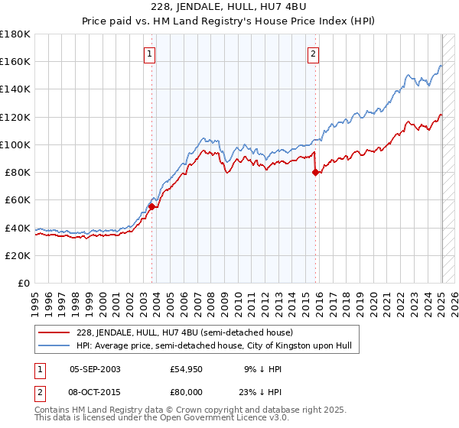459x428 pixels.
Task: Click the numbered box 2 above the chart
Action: click(x=314, y=54)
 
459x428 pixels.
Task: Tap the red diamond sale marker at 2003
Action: click(x=152, y=206)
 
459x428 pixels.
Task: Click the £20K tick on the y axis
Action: click(x=18, y=255)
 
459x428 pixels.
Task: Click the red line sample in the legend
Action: click(x=54, y=332)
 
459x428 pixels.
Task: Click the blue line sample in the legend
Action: click(x=54, y=345)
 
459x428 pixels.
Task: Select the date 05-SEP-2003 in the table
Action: click(x=95, y=368)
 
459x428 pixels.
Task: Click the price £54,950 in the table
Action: click(x=187, y=368)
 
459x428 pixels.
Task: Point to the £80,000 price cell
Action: click(x=187, y=391)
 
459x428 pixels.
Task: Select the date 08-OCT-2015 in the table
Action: click(x=95, y=391)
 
